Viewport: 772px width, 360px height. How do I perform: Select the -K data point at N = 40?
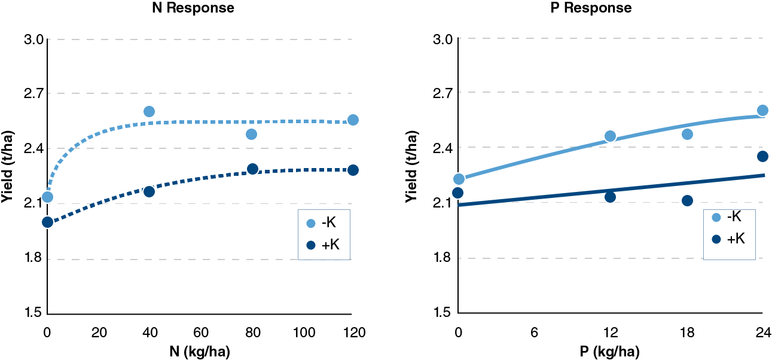(x=149, y=111)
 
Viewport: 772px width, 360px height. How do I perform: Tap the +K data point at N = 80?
(x=252, y=169)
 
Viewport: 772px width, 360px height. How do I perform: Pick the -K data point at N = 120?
(x=353, y=120)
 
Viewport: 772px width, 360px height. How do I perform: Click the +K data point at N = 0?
(x=47, y=222)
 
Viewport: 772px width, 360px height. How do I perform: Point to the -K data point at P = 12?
(x=610, y=136)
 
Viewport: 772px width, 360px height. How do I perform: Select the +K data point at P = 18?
(x=687, y=200)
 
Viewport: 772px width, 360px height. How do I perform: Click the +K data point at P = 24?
(x=762, y=156)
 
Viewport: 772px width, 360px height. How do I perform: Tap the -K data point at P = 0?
(x=459, y=179)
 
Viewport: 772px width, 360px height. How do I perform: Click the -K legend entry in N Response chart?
(x=322, y=223)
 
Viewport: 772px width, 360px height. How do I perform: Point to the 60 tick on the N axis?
(x=200, y=332)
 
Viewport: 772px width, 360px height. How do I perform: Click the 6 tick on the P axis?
(x=534, y=332)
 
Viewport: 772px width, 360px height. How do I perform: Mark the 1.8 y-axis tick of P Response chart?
(x=444, y=258)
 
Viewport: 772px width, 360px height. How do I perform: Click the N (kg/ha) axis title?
(x=199, y=352)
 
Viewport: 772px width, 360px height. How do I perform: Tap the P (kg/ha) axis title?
(x=609, y=352)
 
